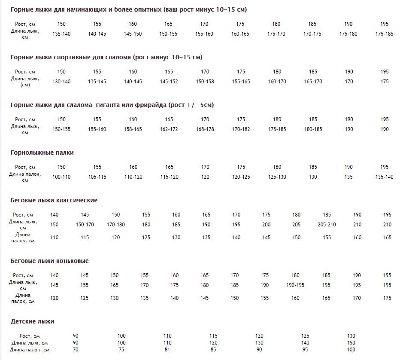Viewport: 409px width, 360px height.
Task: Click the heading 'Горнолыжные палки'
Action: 42,153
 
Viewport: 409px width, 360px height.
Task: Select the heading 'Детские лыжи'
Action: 32,321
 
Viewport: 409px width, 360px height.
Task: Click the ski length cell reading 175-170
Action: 276,34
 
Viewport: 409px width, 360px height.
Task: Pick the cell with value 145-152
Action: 169,82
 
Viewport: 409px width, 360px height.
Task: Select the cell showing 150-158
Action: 205,82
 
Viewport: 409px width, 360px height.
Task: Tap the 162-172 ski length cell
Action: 169,129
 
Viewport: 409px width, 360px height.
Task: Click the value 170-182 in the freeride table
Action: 241,129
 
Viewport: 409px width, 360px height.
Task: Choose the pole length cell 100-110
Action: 61,177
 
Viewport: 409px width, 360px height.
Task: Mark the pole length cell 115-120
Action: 169,177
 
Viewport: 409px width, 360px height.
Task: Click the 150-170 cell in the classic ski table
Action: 85,225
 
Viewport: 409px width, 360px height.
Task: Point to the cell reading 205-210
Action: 327,225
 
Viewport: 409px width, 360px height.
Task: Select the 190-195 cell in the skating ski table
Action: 295,285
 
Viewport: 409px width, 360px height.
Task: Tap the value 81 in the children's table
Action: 167,350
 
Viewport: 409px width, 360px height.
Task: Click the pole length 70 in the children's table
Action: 76,350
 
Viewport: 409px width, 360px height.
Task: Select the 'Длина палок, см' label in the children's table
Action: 30,350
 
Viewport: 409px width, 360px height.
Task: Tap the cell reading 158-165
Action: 133,129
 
